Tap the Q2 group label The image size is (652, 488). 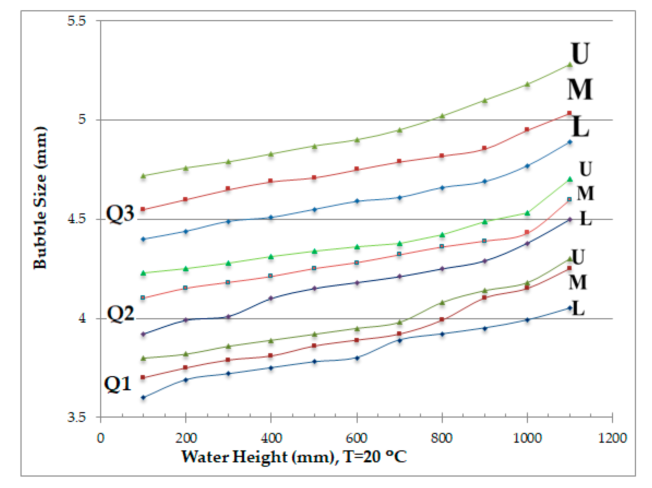point(120,313)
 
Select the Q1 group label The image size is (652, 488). point(118,384)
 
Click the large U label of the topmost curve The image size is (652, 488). point(580,53)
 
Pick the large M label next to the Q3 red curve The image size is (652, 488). point(580,89)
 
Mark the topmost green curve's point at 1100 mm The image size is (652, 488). point(570,65)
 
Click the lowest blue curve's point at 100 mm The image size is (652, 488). point(143,397)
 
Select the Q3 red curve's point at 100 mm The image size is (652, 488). point(143,209)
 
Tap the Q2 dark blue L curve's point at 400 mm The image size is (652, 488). point(271,298)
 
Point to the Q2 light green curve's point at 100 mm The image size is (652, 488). point(143,273)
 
